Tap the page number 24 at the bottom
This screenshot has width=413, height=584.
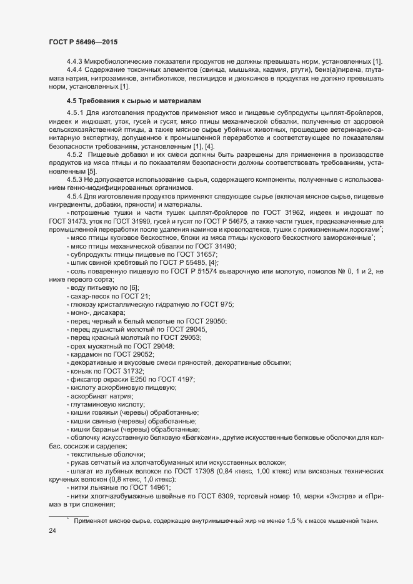[x=52, y=532]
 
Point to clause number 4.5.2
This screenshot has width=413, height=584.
[x=77, y=153]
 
